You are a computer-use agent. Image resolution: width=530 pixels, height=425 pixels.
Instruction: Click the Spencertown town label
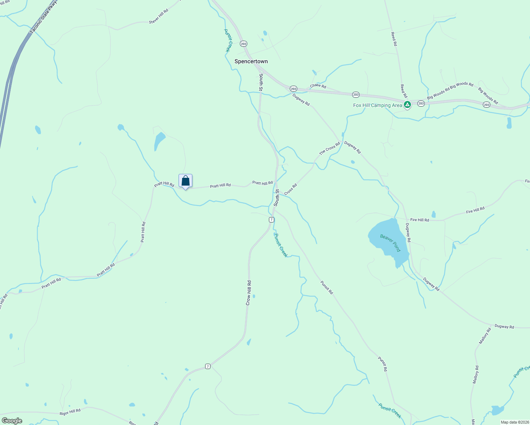(x=251, y=61)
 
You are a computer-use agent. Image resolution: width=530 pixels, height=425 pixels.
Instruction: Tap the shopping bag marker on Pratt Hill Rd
(x=185, y=181)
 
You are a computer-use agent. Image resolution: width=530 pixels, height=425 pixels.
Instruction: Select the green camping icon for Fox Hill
(x=407, y=104)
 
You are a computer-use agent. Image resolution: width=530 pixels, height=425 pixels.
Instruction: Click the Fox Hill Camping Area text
(x=377, y=105)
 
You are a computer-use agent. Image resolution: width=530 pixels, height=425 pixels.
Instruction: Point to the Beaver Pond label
(x=390, y=243)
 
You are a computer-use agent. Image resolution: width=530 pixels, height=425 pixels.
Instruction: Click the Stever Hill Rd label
(x=158, y=17)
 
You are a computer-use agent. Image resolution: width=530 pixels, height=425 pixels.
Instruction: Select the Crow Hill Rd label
(x=249, y=293)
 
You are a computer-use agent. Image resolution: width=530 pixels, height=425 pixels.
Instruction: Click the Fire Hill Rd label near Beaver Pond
(x=419, y=220)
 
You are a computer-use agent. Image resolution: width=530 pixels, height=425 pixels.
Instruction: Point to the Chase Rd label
(x=318, y=86)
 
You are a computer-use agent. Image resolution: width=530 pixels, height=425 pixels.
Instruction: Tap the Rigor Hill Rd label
(x=70, y=411)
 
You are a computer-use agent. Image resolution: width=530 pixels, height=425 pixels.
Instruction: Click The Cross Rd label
(x=329, y=148)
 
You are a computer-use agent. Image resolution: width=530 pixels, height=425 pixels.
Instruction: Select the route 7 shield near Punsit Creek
(x=271, y=220)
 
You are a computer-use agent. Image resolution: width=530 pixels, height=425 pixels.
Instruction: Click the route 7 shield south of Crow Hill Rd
(x=208, y=366)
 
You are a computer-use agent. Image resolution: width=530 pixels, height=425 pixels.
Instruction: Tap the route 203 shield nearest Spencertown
(x=243, y=44)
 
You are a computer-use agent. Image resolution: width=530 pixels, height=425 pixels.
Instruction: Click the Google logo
(x=12, y=420)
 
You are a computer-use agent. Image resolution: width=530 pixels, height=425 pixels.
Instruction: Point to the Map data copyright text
(x=514, y=422)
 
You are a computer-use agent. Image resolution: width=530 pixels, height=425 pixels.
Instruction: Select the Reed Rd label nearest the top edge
(x=394, y=39)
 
